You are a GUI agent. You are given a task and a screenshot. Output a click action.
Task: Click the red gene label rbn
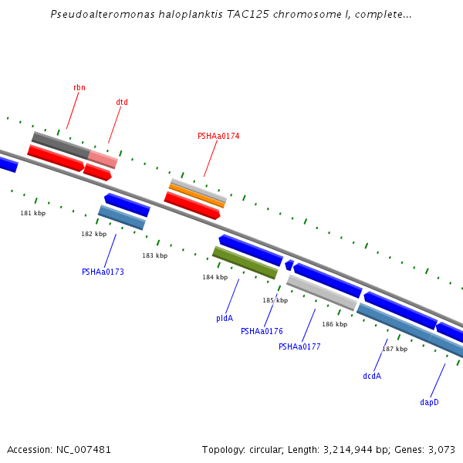[79, 87]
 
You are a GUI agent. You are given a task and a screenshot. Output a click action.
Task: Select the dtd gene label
[122, 102]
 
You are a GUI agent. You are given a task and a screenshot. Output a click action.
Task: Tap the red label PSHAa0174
[218, 136]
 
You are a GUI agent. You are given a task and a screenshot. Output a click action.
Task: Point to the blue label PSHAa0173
[103, 272]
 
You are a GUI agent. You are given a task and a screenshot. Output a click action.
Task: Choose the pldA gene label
[225, 318]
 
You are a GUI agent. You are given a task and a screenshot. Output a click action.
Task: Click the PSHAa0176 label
[262, 331]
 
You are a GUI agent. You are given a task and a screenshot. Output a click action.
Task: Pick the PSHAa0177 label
[299, 346]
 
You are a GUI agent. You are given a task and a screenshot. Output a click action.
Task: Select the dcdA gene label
[372, 376]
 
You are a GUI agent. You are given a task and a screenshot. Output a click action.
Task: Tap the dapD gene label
[429, 402]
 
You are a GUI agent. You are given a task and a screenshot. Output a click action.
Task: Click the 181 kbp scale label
[32, 213]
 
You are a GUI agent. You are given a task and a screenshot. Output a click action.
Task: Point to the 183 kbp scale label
[154, 255]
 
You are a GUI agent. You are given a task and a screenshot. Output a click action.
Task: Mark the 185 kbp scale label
[275, 300]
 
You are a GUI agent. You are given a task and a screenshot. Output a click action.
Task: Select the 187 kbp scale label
[394, 349]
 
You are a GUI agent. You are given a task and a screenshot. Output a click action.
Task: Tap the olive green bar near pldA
[245, 262]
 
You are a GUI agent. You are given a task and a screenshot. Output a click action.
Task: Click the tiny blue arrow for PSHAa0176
[289, 265]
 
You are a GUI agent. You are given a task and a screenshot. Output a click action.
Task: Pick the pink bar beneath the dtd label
[103, 160]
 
